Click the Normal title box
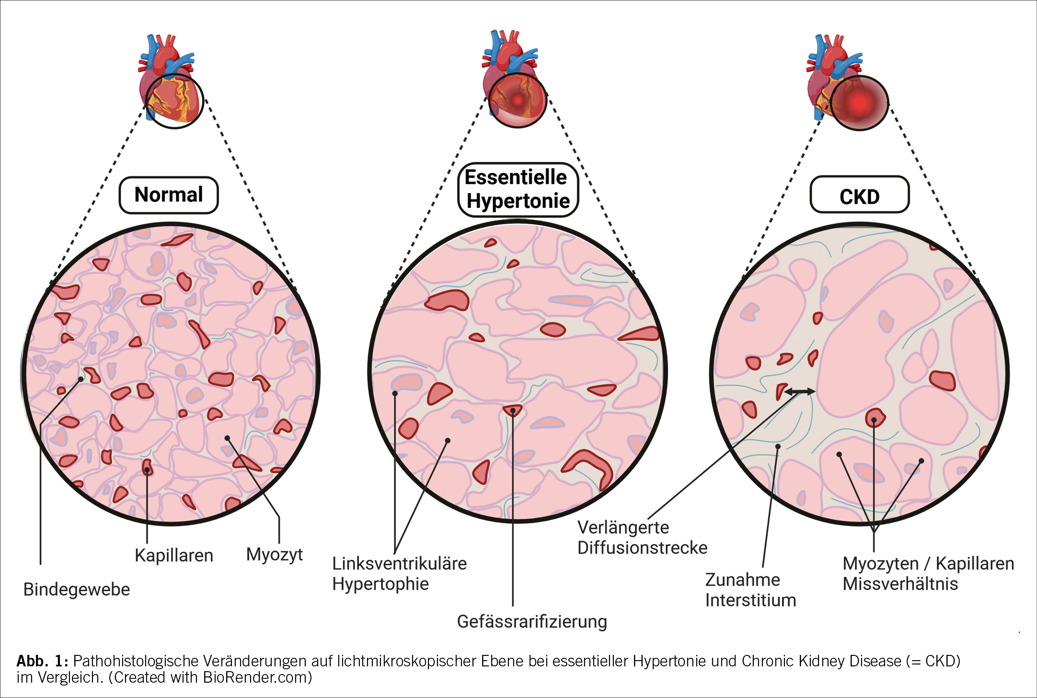[x=169, y=195]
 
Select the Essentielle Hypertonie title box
[x=518, y=190]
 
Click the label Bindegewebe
[x=77, y=589]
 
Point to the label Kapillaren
[x=174, y=555]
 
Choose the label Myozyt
[x=274, y=554]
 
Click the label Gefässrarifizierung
[x=532, y=621]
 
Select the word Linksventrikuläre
[x=399, y=563]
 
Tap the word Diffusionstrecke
[x=642, y=548]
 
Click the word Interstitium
[x=750, y=600]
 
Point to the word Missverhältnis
[x=900, y=584]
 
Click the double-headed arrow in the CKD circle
[x=800, y=391]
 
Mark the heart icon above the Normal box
[x=169, y=79]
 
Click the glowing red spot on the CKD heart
[x=859, y=103]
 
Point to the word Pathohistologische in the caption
[x=136, y=661]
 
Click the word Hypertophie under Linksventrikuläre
[x=380, y=584]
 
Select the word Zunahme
[x=742, y=580]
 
